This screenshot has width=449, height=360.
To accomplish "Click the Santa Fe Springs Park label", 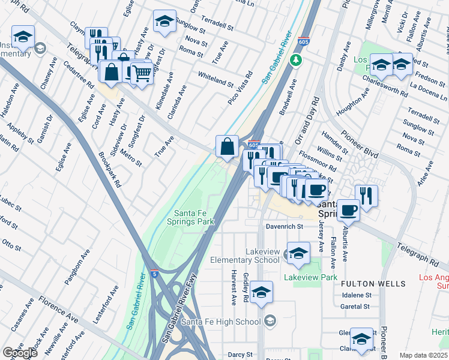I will click(194, 217).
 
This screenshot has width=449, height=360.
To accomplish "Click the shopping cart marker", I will click(142, 74).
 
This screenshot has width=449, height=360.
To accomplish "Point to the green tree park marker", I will click(295, 60).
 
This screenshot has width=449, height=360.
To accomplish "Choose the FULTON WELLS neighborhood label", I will click(366, 283).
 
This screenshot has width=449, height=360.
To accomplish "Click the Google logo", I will click(19, 353).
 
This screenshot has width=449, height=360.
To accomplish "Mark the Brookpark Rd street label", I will click(110, 170).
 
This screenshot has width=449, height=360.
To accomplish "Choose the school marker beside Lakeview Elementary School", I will click(298, 254).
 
